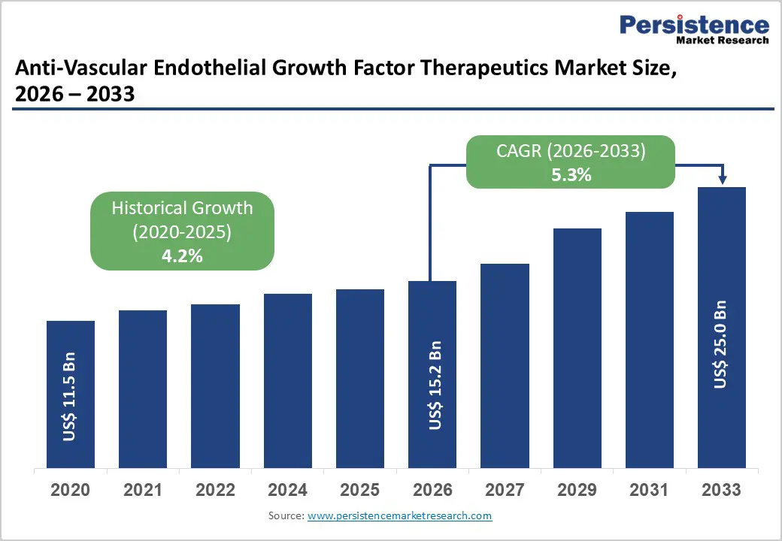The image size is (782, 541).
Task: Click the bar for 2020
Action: (x=71, y=394)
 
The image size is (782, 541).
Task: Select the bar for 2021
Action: (x=143, y=389)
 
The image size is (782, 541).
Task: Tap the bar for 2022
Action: (x=215, y=386)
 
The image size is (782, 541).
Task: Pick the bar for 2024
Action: (x=287, y=381)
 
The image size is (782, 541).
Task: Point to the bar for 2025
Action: (x=359, y=379)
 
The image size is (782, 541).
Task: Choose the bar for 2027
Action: (x=505, y=366)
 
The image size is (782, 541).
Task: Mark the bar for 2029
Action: (x=577, y=348)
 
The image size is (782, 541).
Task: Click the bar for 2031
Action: (x=650, y=340)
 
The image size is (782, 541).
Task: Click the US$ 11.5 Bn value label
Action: (x=70, y=395)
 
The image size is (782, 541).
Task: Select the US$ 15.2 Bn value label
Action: (x=434, y=385)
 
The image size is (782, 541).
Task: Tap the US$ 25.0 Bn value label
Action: (x=720, y=344)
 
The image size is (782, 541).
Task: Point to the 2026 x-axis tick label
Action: (x=432, y=490)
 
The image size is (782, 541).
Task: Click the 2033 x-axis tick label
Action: (x=721, y=490)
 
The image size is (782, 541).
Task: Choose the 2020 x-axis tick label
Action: (x=71, y=490)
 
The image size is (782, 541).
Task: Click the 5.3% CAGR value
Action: (x=571, y=176)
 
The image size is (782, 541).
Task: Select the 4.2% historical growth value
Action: (x=182, y=255)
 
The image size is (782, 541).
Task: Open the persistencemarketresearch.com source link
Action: (x=399, y=515)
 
